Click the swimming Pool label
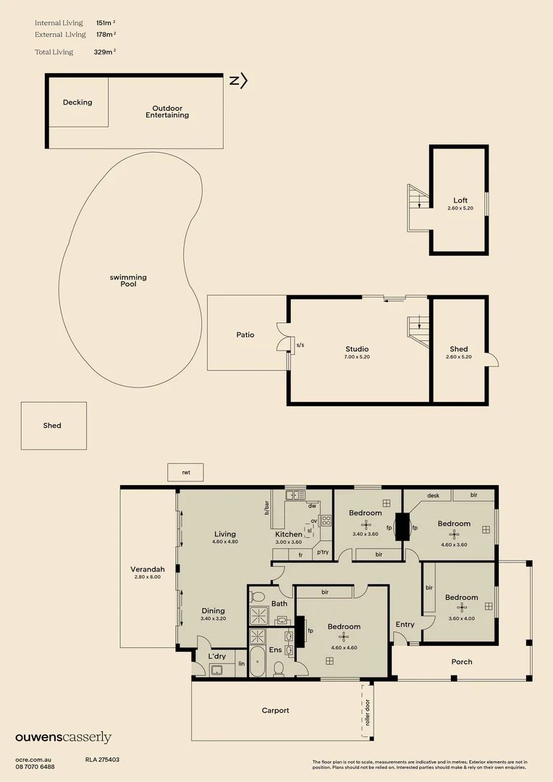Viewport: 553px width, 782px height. pyautogui.click(x=128, y=281)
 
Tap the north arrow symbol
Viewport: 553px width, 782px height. pyautogui.click(x=238, y=81)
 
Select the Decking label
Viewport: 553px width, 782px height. pyautogui.click(x=77, y=102)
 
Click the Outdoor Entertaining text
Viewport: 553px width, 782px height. pyautogui.click(x=167, y=112)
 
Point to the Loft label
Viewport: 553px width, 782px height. pyautogui.click(x=460, y=201)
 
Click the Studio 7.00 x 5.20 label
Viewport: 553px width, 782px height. pyautogui.click(x=357, y=353)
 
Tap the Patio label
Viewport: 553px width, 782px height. pyautogui.click(x=245, y=335)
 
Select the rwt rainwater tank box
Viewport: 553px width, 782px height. pyautogui.click(x=185, y=472)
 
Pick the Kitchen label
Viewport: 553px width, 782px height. pyautogui.click(x=288, y=534)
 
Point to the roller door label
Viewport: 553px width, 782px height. pyautogui.click(x=367, y=712)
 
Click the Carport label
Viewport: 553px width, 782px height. pyautogui.click(x=275, y=710)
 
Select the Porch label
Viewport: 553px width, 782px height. pyautogui.click(x=462, y=662)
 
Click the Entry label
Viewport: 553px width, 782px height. pyautogui.click(x=405, y=624)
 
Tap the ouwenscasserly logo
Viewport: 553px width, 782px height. pyautogui.click(x=64, y=738)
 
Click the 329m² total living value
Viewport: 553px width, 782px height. pyautogui.click(x=104, y=52)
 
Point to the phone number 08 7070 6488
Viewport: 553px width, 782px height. pyautogui.click(x=35, y=767)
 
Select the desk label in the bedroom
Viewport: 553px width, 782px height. pyautogui.click(x=434, y=496)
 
